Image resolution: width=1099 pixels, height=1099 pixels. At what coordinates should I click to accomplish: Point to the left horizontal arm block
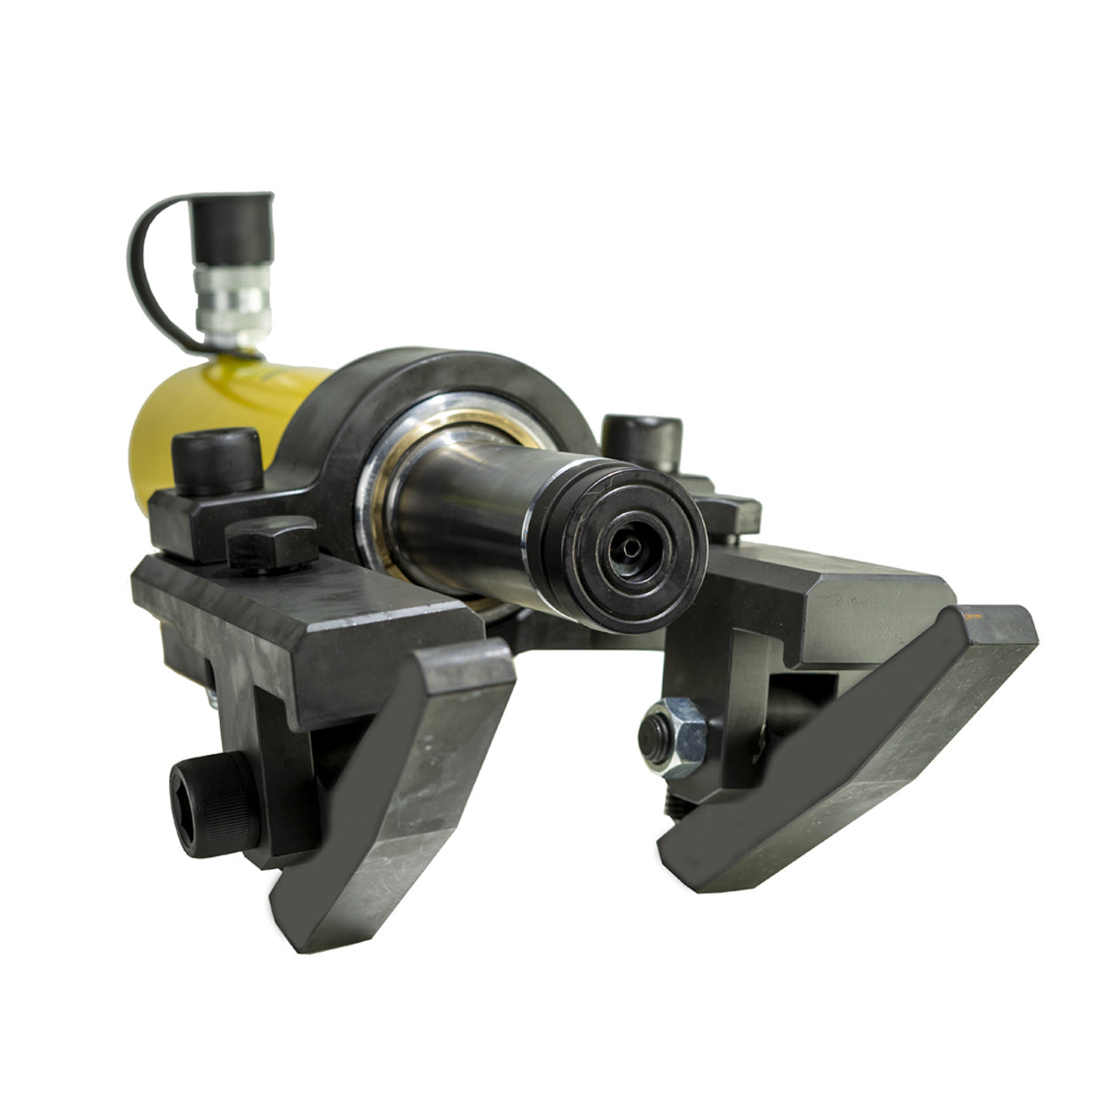(x=302, y=621)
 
